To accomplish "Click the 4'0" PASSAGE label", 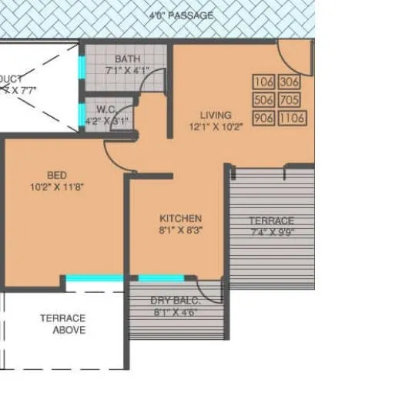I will tap(182, 15).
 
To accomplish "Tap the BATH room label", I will tap(128, 59).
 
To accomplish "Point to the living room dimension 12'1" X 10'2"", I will tap(216, 126).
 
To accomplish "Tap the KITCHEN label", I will tap(180, 218).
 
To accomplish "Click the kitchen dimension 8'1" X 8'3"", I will tap(180, 230).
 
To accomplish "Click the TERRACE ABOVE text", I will tap(63, 324).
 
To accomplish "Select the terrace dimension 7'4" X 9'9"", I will tap(272, 231).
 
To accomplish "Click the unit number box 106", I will tap(263, 82).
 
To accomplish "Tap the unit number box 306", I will tap(290, 82).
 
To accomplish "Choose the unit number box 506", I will tap(263, 99).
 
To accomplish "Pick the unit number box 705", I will tap(290, 99).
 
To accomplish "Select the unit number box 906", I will tap(263, 118).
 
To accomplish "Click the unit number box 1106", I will tap(290, 118).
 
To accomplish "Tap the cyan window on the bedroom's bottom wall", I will tap(95, 278).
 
